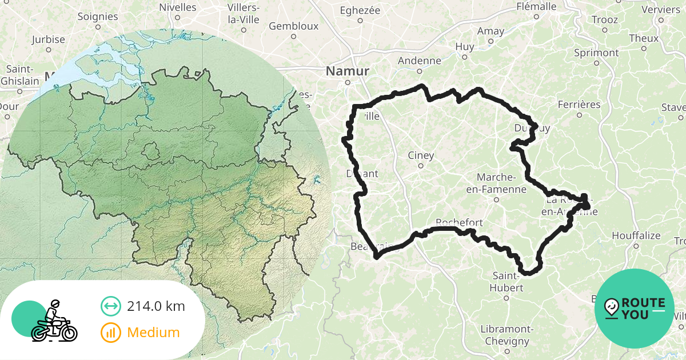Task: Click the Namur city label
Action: pyautogui.click(x=348, y=71)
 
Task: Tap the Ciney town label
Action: pyautogui.click(x=421, y=155)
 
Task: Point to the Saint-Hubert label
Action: pyautogui.click(x=506, y=282)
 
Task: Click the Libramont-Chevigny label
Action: pyautogui.click(x=507, y=335)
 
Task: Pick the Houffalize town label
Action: pyautogui.click(x=636, y=235)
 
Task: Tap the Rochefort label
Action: pyautogui.click(x=459, y=222)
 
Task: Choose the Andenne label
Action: pyautogui.click(x=420, y=61)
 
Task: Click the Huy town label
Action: pyautogui.click(x=465, y=47)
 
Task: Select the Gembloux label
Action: pyautogui.click(x=293, y=26)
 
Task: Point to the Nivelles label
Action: pyautogui.click(x=177, y=7)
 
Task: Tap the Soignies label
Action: pyautogui.click(x=97, y=17)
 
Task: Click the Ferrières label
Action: pyautogui.click(x=579, y=105)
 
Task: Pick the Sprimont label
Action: pyautogui.click(x=596, y=53)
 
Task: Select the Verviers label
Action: pyautogui.click(x=660, y=9)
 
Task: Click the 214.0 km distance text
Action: pyautogui.click(x=156, y=306)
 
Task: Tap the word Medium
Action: pyautogui.click(x=153, y=332)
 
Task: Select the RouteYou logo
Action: pyautogui.click(x=635, y=309)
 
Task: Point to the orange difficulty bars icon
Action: pyautogui.click(x=110, y=332)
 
